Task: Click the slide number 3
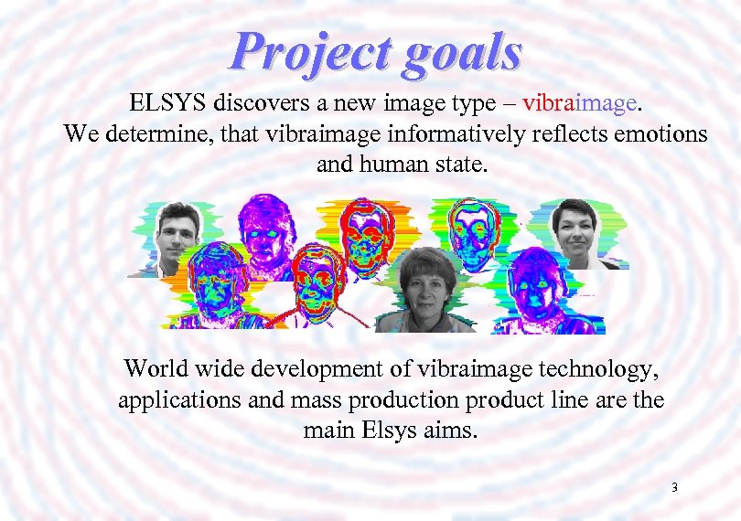674,488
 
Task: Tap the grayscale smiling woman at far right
575,230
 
